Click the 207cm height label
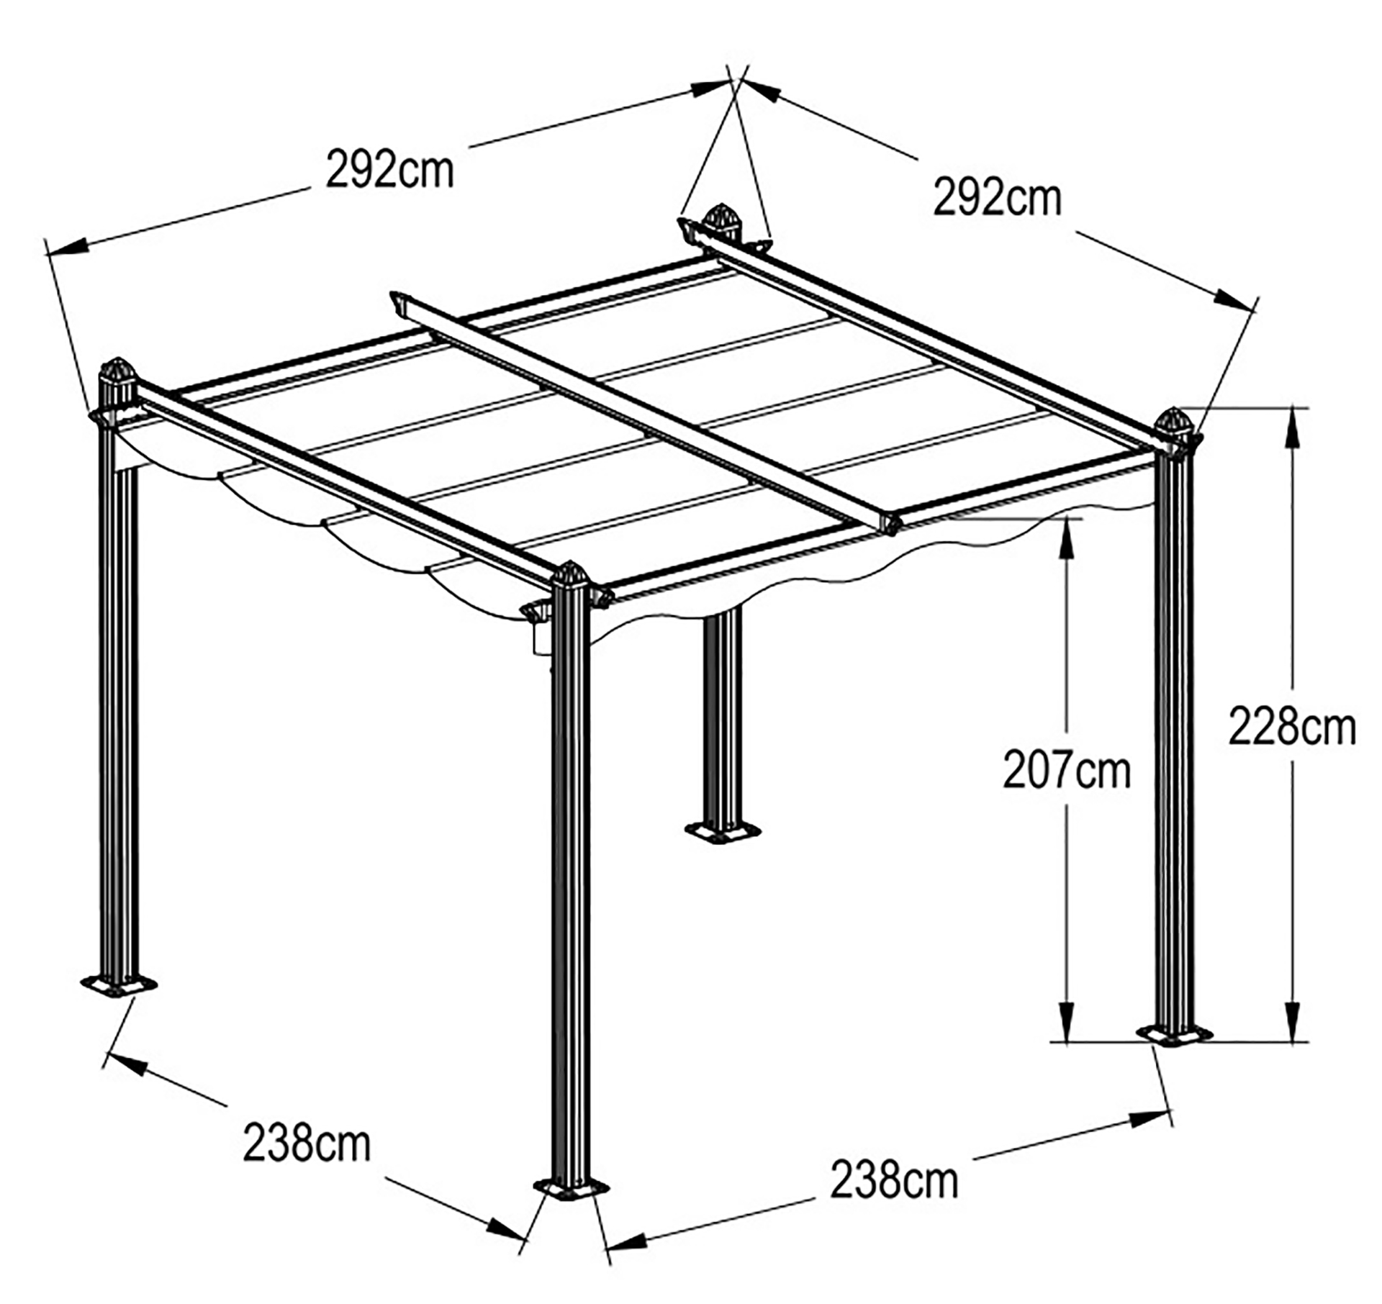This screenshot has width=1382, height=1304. click(x=1067, y=769)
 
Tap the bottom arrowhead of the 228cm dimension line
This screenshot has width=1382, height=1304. click(x=1293, y=1021)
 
